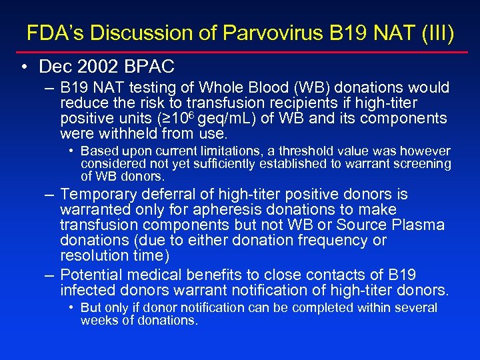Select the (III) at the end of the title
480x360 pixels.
(436, 33)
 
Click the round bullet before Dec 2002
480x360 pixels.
(24, 67)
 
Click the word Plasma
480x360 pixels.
(420, 225)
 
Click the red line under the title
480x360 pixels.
(240, 51)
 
